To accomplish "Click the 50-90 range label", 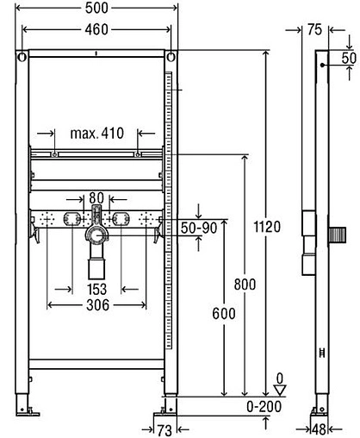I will tap(199, 228).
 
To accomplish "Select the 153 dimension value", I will tap(96, 291).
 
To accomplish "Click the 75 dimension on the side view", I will tap(314, 29).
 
